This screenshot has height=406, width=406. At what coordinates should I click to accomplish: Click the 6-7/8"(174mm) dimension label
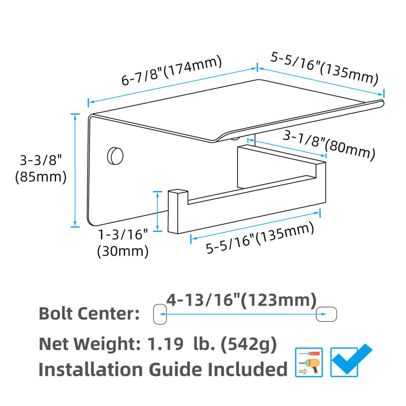tap(172, 70)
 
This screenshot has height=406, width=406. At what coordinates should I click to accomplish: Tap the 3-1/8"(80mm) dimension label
tap(329, 145)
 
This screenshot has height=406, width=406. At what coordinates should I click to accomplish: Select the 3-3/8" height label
tap(41, 160)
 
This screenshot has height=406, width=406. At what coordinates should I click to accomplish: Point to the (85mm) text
tap(41, 177)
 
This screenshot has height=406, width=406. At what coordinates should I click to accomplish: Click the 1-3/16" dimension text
tap(123, 234)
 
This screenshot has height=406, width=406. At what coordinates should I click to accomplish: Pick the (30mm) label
tap(123, 251)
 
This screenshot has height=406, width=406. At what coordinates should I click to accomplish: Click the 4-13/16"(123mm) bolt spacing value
tap(242, 300)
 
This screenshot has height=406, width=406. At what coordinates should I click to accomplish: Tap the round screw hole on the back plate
tap(115, 156)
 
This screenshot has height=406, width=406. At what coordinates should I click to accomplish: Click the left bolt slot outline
tap(160, 314)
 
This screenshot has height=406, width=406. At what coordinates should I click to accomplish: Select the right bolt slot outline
tap(326, 314)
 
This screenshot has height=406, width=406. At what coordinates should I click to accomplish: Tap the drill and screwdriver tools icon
tap(309, 362)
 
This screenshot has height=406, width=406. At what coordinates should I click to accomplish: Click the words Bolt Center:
tap(89, 313)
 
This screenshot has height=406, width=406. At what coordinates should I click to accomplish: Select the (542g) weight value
tap(249, 345)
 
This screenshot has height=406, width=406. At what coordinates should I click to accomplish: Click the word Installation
tap(90, 369)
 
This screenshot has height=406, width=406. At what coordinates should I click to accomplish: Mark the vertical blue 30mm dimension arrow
tap(157, 211)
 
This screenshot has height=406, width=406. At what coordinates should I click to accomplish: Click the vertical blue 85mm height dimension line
tap(75, 171)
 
